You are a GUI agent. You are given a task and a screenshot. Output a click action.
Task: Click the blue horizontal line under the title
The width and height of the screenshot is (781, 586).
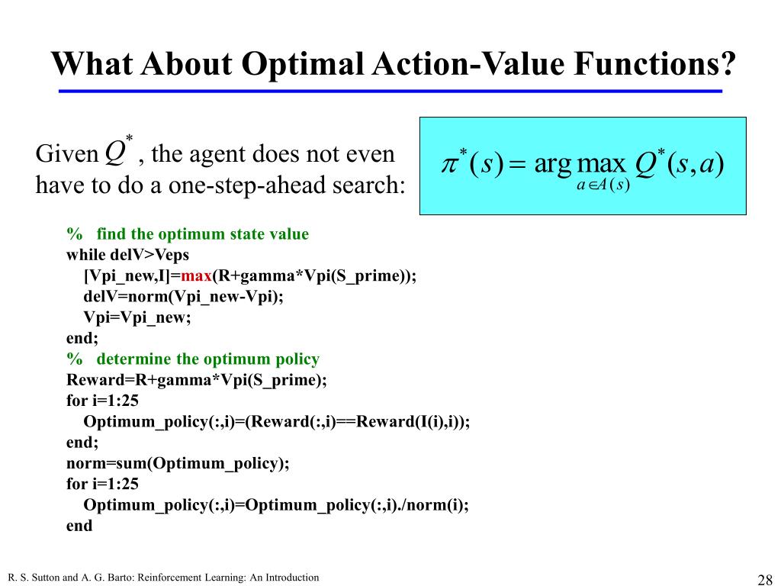pos(390,91)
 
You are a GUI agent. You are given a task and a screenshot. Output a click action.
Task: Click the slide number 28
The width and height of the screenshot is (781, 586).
pos(764,578)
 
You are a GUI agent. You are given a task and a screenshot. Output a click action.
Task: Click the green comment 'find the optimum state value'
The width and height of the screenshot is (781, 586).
pos(202,234)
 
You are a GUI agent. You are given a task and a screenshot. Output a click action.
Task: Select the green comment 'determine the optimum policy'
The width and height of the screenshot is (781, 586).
pos(207,359)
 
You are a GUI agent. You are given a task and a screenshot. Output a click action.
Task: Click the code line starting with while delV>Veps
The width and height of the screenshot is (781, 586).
pos(127,255)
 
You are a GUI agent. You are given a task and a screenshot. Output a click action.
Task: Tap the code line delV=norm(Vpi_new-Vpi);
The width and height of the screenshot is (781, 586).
pos(183,296)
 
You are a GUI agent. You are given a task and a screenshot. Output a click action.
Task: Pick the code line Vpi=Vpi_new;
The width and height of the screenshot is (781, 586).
pos(137,317)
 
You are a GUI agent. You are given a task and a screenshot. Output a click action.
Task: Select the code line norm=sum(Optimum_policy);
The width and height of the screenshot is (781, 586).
pos(178,462)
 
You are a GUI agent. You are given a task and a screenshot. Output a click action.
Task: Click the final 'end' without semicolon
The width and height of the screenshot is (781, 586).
pos(79,525)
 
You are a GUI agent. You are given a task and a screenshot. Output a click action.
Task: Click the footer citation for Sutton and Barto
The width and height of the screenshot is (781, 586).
pos(163,578)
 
